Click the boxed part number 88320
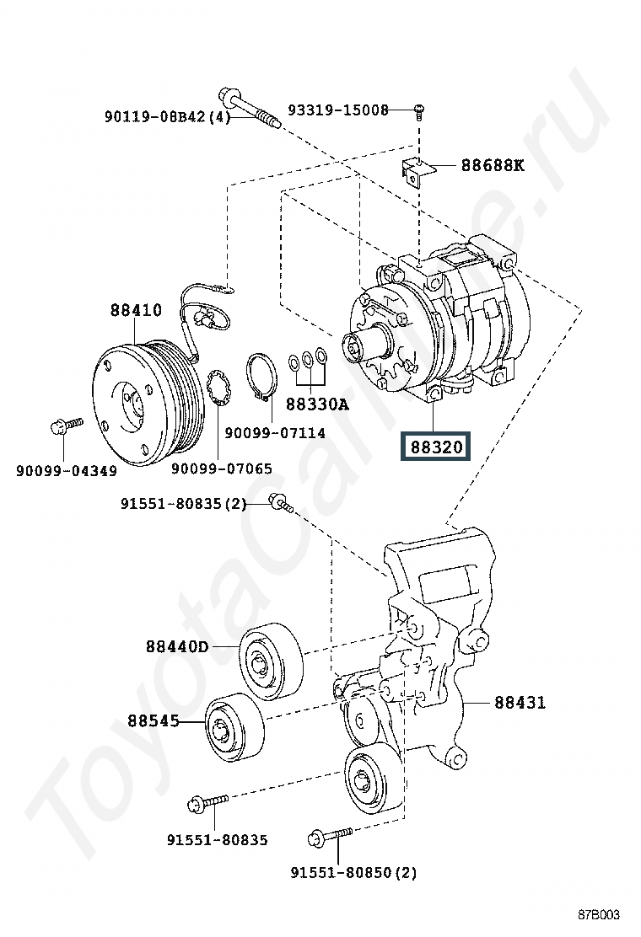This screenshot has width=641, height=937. click(437, 447)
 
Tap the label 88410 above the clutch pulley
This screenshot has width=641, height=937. click(135, 310)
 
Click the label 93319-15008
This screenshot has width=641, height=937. click(338, 110)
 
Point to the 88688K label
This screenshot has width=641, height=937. click(492, 165)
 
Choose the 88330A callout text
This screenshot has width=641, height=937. click(316, 404)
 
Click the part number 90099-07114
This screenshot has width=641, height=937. click(275, 433)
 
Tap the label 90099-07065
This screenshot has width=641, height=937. click(222, 468)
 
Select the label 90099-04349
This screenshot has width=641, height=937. click(67, 470)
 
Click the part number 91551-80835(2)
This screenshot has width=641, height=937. click(183, 504)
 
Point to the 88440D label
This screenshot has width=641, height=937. click(176, 647)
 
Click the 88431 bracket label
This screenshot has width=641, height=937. click(520, 702)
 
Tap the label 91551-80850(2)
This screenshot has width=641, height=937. click(353, 873)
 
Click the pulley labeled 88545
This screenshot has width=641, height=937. click(234, 727)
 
